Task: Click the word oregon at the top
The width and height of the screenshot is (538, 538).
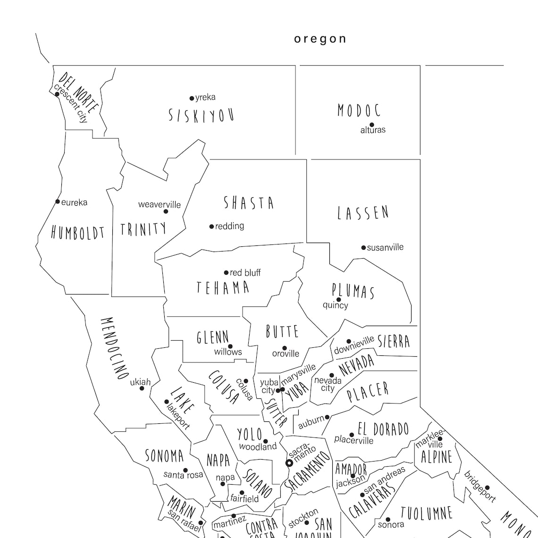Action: click(x=320, y=39)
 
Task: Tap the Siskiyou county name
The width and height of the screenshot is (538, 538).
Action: click(x=202, y=115)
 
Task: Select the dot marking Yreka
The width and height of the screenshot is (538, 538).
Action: click(x=192, y=98)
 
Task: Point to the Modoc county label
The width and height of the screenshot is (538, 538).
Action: click(x=359, y=110)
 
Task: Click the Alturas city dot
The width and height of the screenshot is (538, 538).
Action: click(x=372, y=125)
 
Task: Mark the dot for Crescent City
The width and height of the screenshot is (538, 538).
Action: click(x=57, y=94)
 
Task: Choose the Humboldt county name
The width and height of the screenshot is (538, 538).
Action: click(x=77, y=232)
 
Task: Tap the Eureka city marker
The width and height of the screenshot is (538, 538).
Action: click(x=58, y=202)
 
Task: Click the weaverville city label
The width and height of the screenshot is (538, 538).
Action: click(x=160, y=204)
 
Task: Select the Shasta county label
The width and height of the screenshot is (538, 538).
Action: click(x=249, y=203)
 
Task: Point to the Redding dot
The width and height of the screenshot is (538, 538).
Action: click(x=211, y=227)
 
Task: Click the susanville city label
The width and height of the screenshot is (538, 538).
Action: click(x=385, y=247)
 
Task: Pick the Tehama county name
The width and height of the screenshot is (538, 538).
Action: click(x=223, y=287)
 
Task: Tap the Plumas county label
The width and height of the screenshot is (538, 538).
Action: click(x=353, y=291)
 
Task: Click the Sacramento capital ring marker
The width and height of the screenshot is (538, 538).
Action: click(x=290, y=463)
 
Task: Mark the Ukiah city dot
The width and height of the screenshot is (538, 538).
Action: click(x=142, y=388)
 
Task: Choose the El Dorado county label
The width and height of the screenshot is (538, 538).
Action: click(x=383, y=429)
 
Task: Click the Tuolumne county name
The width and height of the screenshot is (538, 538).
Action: click(x=427, y=513)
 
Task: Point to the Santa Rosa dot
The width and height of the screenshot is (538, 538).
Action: click(x=185, y=471)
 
